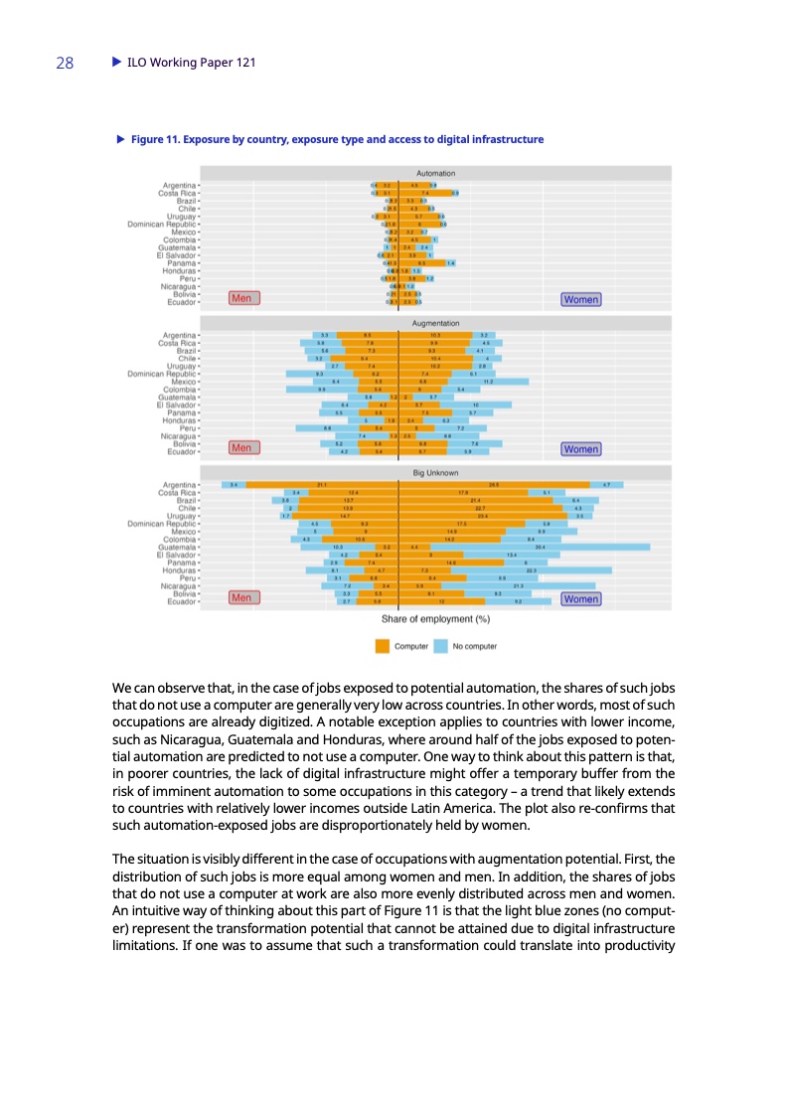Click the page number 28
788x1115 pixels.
65,64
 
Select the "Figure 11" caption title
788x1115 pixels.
337,139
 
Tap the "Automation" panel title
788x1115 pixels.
436,173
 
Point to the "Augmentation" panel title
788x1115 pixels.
436,323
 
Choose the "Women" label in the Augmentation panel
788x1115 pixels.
580,448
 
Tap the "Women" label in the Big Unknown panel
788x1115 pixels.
580,598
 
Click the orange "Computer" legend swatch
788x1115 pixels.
383,646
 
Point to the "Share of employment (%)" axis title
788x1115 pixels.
436,620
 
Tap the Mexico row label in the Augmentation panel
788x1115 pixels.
181,381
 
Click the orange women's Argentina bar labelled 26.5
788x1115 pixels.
494,484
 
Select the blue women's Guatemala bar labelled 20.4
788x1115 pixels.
542,547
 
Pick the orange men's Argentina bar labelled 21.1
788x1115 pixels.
322,484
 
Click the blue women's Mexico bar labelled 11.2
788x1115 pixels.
489,381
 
